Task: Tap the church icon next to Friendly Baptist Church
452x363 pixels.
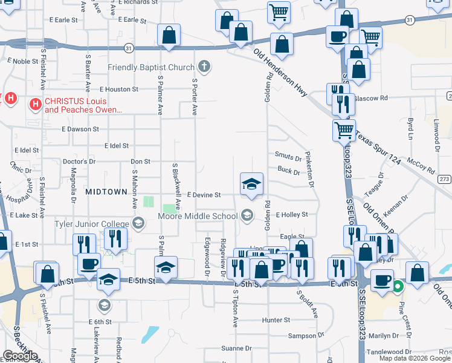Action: (204, 66)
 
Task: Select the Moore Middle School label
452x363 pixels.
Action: (198, 216)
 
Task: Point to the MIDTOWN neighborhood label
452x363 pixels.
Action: (106, 191)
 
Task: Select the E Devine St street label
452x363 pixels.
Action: (204, 195)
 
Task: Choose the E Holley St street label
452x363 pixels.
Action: (292, 215)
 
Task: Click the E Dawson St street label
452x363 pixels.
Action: (80, 129)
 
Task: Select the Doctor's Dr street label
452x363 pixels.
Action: (79, 162)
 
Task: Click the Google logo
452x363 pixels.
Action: (20, 356)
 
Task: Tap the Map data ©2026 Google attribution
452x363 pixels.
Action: (415, 358)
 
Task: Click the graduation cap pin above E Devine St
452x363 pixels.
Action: (251, 185)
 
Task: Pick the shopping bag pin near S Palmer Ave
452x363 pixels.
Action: (169, 36)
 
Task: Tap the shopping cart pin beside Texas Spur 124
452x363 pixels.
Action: (343, 129)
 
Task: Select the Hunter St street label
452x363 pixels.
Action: (276, 319)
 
